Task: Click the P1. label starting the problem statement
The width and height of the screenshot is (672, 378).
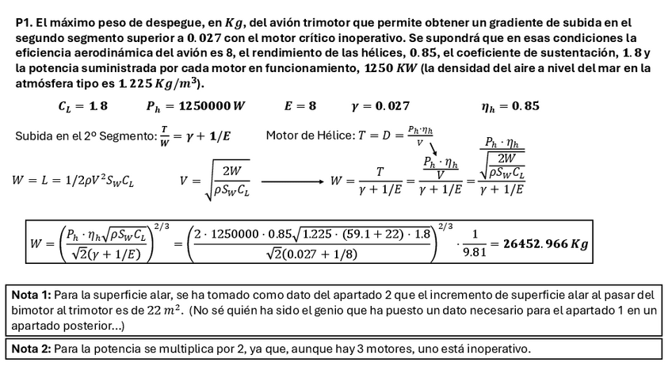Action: coord(25,23)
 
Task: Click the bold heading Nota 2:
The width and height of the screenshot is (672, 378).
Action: coord(31,349)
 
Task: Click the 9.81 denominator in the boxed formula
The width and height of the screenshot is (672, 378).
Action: coord(469,254)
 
